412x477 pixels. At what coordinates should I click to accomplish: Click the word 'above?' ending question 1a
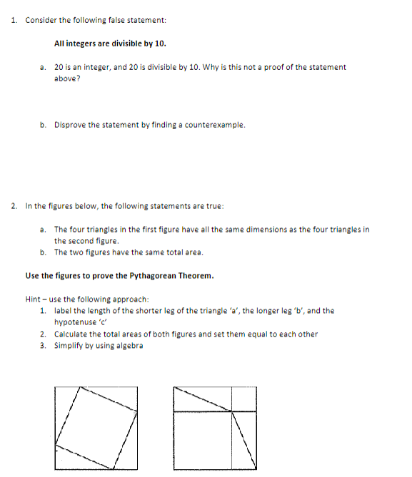67,78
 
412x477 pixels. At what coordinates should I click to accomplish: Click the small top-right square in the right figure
243,399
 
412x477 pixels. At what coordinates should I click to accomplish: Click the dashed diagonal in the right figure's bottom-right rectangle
243,440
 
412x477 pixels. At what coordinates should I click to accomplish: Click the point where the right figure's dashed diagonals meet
231,411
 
